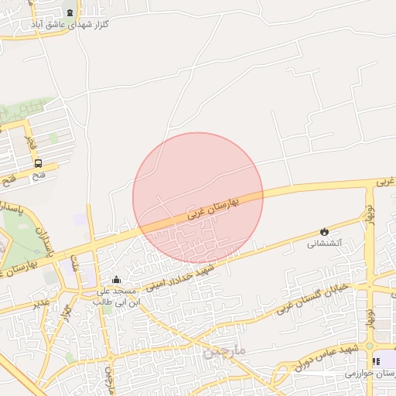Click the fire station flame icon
tap(324, 230)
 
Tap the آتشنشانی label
tap(324, 244)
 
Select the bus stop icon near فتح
tap(38, 163)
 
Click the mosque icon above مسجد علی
tap(116, 279)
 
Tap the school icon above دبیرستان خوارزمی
tap(376, 360)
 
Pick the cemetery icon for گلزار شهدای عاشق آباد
tap(71, 12)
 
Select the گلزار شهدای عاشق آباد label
tap(70, 25)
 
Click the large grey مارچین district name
tap(225, 351)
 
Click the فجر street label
tap(29, 142)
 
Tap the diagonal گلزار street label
tap(67, 312)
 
